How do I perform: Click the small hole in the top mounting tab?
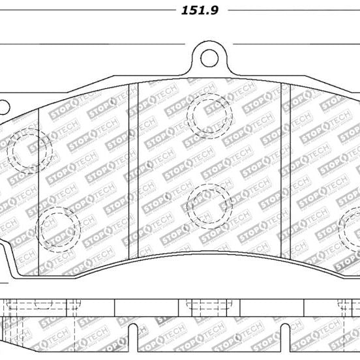(x=209, y=57)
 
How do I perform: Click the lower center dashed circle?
(x=209, y=205)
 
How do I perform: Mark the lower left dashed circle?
(x=58, y=228)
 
